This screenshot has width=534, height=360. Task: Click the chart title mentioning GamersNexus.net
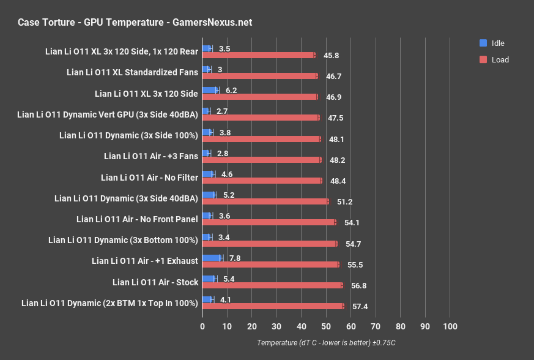coord(135,23)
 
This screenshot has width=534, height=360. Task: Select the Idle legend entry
coord(492,43)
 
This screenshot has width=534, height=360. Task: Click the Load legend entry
coord(494,60)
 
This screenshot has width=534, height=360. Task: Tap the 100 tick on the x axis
coord(450,326)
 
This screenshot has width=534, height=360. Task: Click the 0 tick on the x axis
coord(202,326)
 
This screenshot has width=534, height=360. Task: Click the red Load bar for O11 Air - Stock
coord(272,285)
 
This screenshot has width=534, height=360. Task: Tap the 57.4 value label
coord(360,306)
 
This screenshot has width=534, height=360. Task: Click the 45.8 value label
coord(332,55)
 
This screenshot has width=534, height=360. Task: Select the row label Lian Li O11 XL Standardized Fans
coord(132,72)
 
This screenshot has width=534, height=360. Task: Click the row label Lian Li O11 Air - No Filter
coord(149,178)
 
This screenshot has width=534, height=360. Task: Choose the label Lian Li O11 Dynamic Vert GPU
coord(108,114)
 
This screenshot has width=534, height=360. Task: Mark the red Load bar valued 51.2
coord(265,201)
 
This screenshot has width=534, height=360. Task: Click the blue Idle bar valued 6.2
coord(210,91)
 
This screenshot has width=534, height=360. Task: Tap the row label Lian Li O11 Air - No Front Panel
coord(137,219)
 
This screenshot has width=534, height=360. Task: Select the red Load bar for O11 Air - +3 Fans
coord(262,160)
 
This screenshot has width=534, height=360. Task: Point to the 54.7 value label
coord(354,244)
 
